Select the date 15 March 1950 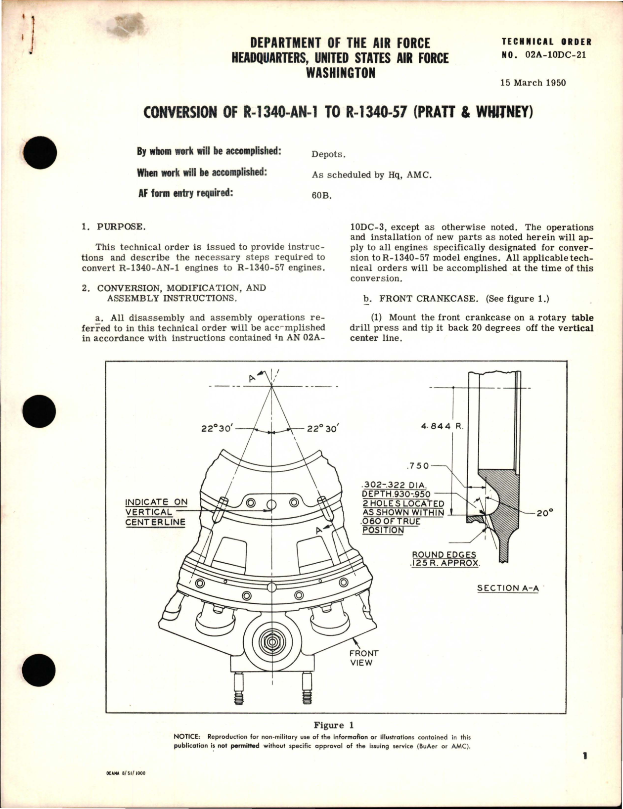pos(533,83)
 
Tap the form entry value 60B pos(321,195)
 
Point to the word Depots pos(328,154)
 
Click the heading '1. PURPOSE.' pos(114,227)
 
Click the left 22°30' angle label pos(217,429)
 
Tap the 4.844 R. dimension pos(442,426)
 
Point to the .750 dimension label pos(417,466)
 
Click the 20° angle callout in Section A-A pos(544,513)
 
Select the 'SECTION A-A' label pos(508,588)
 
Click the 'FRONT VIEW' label pos(363,658)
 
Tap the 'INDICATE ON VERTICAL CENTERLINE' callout pos(156,512)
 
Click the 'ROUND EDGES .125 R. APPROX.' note pos(445,559)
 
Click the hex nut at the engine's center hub pos(271,642)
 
